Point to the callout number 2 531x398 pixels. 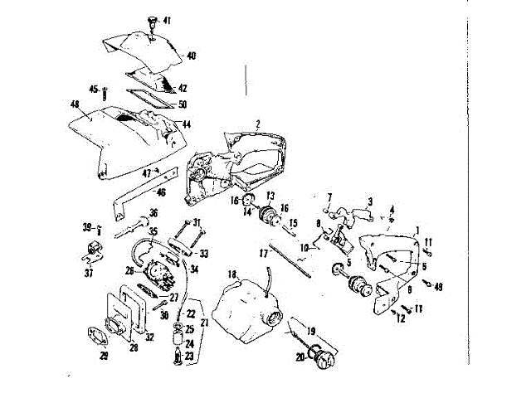[258, 124]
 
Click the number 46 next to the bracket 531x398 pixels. [162, 192]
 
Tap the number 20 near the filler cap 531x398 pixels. [299, 357]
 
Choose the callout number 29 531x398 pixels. [104, 357]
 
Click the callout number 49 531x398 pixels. [438, 287]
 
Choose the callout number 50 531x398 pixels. [182, 104]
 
